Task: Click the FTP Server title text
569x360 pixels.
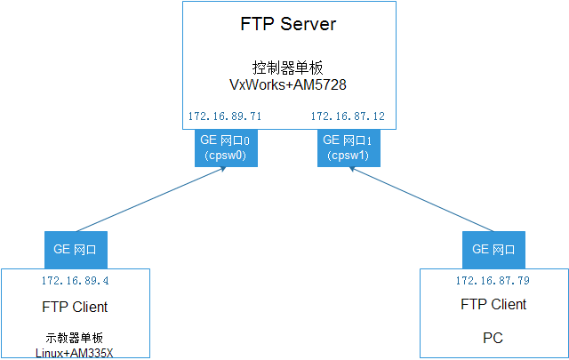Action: click(x=288, y=24)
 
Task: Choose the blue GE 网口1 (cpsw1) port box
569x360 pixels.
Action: click(x=349, y=148)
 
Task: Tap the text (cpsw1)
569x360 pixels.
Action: click(x=349, y=155)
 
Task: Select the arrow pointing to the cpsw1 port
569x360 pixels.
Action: click(x=417, y=197)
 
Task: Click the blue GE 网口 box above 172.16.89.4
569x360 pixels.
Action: click(x=76, y=250)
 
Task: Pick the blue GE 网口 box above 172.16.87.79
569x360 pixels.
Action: click(x=493, y=250)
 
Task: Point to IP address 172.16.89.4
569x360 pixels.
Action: click(x=75, y=280)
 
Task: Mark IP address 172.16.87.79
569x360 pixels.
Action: click(x=493, y=280)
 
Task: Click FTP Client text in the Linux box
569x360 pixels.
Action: click(x=75, y=308)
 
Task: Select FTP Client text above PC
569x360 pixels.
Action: click(x=493, y=304)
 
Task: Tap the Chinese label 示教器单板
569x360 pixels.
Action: click(x=75, y=338)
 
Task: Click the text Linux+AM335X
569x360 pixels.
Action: click(x=75, y=352)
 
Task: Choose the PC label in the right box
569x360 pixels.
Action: click(x=493, y=339)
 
